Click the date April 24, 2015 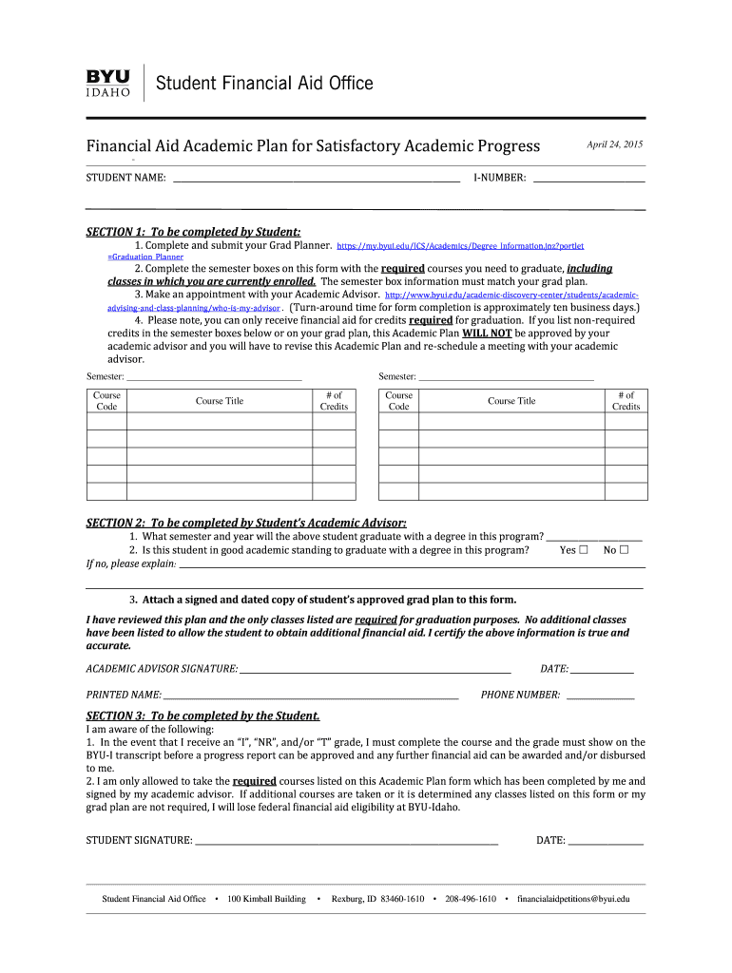click(x=614, y=144)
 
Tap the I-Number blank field click(x=588, y=178)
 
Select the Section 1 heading click(x=193, y=232)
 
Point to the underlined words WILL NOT click(x=487, y=334)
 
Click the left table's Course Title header click(x=220, y=401)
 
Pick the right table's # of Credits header click(x=626, y=401)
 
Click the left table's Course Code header click(x=106, y=401)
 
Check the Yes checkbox click(x=584, y=550)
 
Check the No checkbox click(x=625, y=550)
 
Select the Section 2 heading click(x=246, y=523)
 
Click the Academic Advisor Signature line click(x=375, y=670)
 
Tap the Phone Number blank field click(x=600, y=696)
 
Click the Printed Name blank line click(x=311, y=696)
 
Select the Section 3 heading click(x=202, y=715)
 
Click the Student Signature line click(x=346, y=841)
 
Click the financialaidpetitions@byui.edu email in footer click(x=573, y=899)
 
